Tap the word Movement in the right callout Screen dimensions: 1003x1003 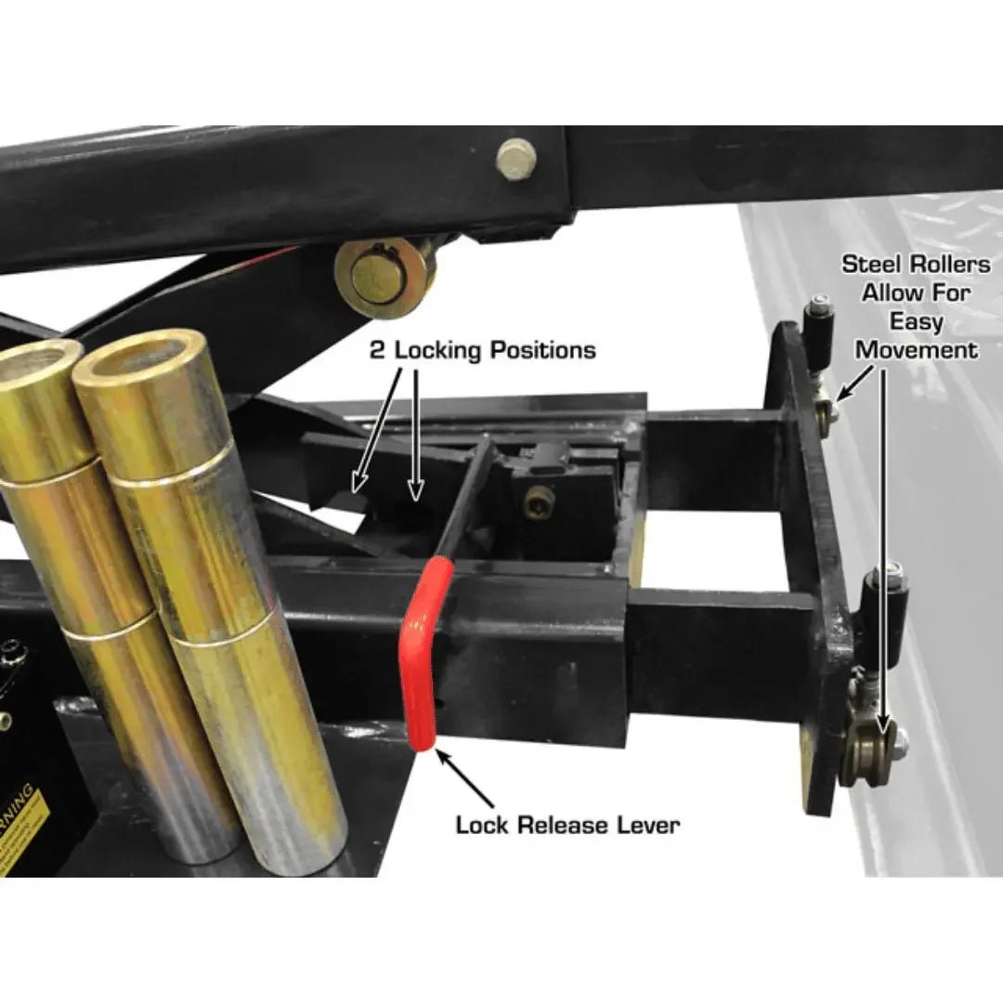pos(916,350)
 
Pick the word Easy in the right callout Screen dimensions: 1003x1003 pos(916,322)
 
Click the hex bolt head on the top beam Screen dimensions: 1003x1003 pos(516,159)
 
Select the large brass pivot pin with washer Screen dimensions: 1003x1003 pos(384,275)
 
